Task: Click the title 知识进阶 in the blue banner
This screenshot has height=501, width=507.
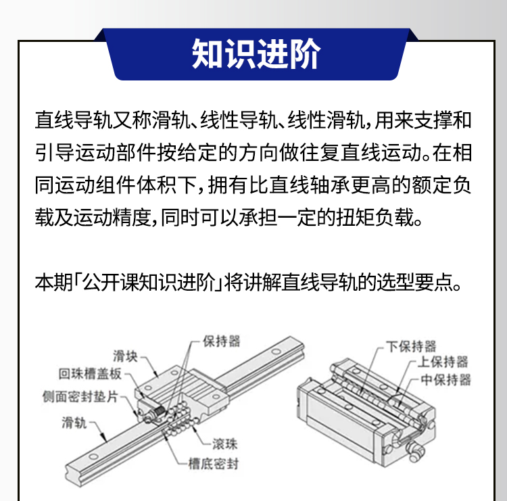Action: [x=255, y=53]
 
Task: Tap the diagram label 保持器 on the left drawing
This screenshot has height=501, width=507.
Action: [x=221, y=341]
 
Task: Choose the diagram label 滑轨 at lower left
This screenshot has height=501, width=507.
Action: [x=74, y=423]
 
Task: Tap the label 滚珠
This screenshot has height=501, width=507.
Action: [x=224, y=444]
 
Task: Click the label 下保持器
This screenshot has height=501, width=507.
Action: [x=411, y=346]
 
